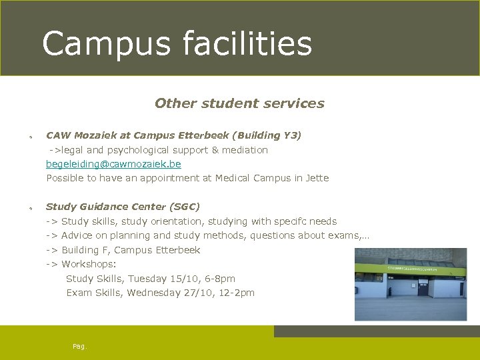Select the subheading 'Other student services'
(239, 103)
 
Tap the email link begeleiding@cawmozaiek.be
(113, 164)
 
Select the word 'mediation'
(245, 150)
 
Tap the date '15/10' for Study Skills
(177, 279)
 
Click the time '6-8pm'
(219, 279)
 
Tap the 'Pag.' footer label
(80, 347)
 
